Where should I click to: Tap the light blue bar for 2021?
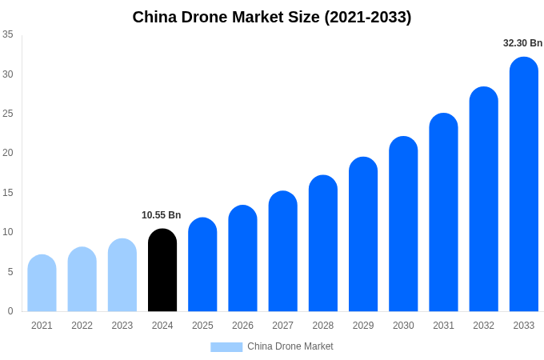click(42, 283)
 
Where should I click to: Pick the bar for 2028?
click(323, 243)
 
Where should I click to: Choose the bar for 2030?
click(403, 224)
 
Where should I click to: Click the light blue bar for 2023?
click(122, 275)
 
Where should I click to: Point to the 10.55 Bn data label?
click(161, 215)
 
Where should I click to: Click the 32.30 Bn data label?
click(522, 43)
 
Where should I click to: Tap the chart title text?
click(272, 17)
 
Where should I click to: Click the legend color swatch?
click(226, 347)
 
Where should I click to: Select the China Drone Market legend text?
click(290, 346)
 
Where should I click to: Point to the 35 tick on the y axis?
click(8, 34)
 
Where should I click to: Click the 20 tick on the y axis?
click(8, 153)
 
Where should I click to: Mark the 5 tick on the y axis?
click(10, 272)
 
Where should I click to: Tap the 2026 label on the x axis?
click(242, 326)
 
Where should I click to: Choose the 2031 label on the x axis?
click(443, 326)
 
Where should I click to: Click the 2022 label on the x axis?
click(82, 326)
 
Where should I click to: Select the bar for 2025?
click(202, 265)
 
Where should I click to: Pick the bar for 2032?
click(483, 199)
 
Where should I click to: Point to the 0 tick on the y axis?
click(10, 311)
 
